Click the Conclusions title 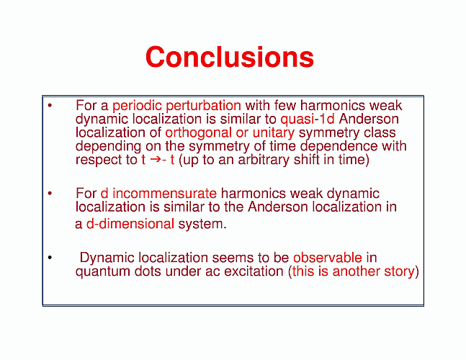click(230, 57)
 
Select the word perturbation click(204, 106)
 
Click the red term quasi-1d click(308, 119)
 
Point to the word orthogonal click(199, 132)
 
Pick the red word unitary click(274, 132)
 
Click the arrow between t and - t click(155, 160)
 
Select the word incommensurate click(165, 194)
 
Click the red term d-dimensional click(130, 224)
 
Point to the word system click(202, 224)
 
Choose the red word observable click(328, 258)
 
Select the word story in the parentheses click(399, 271)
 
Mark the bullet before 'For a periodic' click(50, 105)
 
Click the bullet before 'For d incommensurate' click(50, 194)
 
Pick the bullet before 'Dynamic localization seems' click(50, 258)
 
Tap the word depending click(108, 146)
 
